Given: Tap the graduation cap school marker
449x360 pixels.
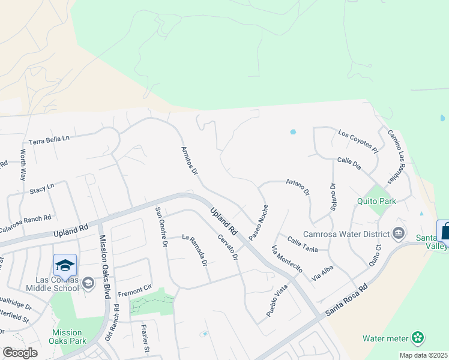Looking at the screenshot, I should (x=65, y=265).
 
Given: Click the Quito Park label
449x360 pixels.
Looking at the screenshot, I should (x=376, y=201).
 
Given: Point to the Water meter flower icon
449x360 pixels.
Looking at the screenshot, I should (x=418, y=338).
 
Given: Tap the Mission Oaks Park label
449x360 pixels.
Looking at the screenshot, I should (x=67, y=337).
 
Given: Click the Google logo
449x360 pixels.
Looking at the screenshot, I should (x=19, y=352).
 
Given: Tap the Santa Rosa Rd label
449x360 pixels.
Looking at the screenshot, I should (x=345, y=301).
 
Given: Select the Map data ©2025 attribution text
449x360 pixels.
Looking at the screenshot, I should (x=423, y=355).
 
